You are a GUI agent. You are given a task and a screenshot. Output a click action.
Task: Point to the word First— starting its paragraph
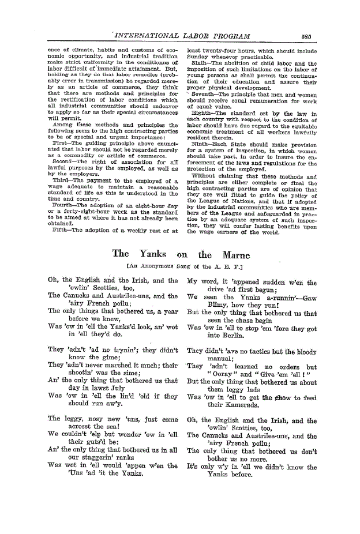(x=62, y=142)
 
